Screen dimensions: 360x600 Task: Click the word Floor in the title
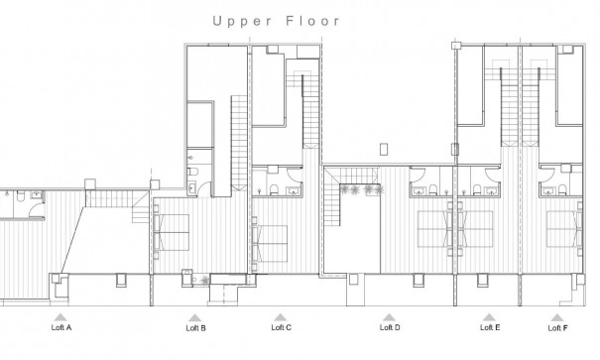pos(314,20)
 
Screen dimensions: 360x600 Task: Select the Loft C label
pos(282,326)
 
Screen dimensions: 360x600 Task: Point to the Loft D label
pos(390,326)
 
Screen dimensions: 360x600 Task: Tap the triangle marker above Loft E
pos(489,316)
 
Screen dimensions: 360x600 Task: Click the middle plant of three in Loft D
pos(359,189)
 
